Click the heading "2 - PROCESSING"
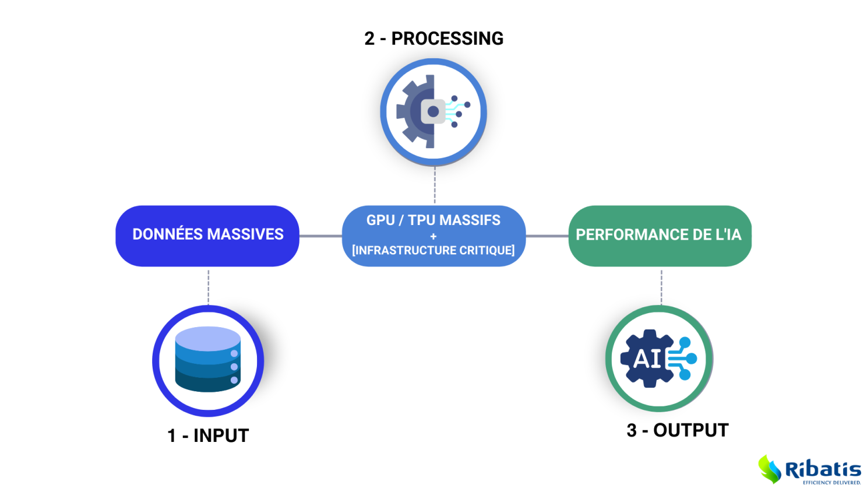coord(433,38)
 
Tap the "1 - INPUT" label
coord(208,436)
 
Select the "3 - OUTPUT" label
coord(677,430)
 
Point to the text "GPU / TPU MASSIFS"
coord(433,220)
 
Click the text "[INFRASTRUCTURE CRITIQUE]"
coord(433,250)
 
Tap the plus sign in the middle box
coord(433,236)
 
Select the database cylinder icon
coord(208,359)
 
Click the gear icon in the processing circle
coord(416,111)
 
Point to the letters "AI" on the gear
coord(647,359)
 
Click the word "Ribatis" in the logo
coord(823,469)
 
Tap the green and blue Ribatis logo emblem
coord(769,469)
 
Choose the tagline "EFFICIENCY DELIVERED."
coord(831,482)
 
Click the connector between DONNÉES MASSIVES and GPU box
coord(320,236)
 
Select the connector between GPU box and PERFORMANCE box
coord(547,236)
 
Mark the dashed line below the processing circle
coord(435,185)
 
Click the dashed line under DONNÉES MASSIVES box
coord(208,286)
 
